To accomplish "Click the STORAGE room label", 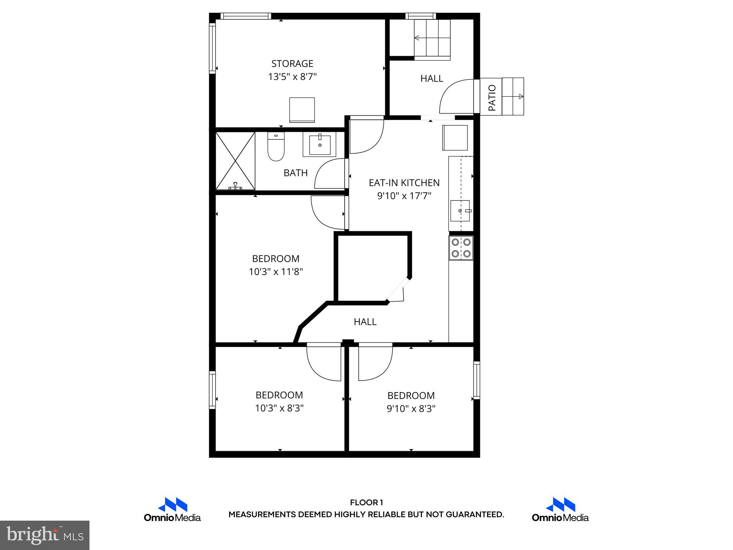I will [x=292, y=64].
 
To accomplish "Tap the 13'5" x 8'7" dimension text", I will [x=292, y=77].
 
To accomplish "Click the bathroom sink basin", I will [x=320, y=144].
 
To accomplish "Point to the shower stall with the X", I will [x=235, y=161].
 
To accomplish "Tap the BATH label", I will [x=295, y=173].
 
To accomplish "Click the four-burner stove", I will [x=461, y=248].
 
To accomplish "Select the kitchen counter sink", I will [x=460, y=211].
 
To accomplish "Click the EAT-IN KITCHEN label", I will [x=404, y=183].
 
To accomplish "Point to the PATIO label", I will [x=492, y=97].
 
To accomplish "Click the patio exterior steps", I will [x=513, y=96].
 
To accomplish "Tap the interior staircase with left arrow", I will [x=432, y=38].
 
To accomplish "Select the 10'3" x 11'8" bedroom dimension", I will [x=276, y=272].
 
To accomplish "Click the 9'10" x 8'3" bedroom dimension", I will [x=411, y=409].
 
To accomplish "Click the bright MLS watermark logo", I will [x=45, y=535].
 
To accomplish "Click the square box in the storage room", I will [x=302, y=110].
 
